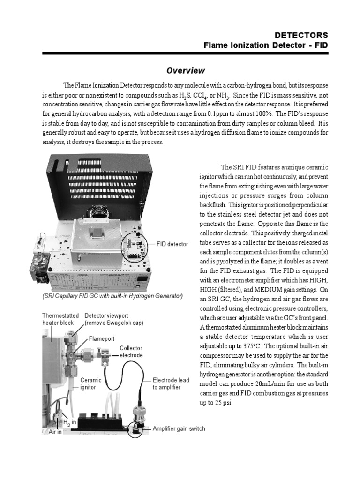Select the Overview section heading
pos(186,71)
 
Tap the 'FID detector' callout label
pos(172,244)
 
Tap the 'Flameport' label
pos(102,338)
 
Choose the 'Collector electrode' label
pos(131,352)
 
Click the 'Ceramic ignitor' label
pos(91,383)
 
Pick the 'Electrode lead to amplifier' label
pos(171,383)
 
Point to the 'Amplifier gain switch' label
pos(179,428)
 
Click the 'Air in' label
pos(56,432)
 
